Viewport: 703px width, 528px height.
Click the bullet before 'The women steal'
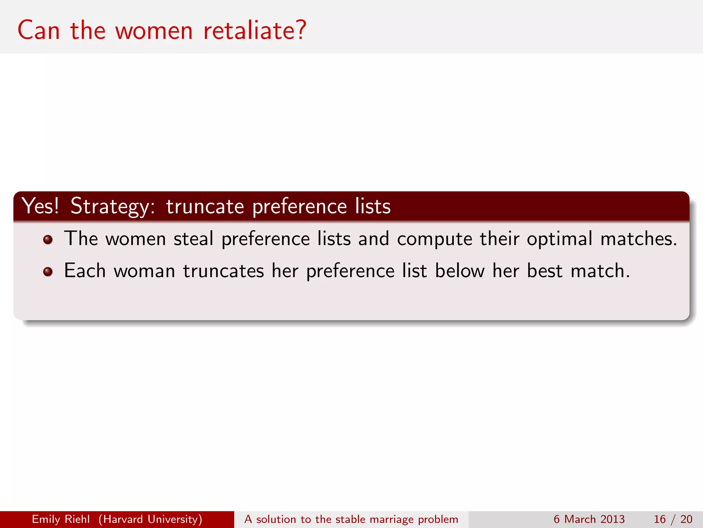pos(48,240)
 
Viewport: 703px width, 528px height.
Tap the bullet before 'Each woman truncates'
pos(48,272)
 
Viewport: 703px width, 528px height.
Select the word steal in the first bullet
pos(193,239)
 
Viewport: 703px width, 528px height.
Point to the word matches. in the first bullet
pos(639,239)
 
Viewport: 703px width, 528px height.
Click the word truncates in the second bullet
pos(223,271)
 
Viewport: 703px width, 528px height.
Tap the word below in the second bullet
pos(460,271)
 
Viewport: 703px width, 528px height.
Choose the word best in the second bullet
pos(544,271)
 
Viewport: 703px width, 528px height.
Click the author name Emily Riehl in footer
pos(61,519)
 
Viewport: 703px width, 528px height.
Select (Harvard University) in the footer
pos(150,519)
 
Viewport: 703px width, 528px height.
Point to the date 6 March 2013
pos(589,519)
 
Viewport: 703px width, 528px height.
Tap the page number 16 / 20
pos(673,519)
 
